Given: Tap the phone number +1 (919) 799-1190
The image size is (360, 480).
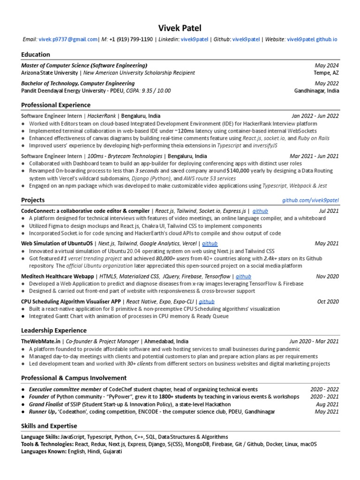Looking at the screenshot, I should click(131, 39).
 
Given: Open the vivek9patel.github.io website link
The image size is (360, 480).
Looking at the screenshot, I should click(312, 39).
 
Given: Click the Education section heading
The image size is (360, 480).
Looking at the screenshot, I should click(36, 55).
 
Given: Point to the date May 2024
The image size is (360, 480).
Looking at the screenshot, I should click(327, 66).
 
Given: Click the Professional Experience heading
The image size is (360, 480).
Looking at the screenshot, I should click(56, 105).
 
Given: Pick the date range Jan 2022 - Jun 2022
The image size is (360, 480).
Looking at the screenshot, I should click(315, 116).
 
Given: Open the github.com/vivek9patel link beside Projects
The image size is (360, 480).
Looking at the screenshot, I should click(310, 201).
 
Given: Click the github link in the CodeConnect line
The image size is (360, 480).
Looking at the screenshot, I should click(260, 211).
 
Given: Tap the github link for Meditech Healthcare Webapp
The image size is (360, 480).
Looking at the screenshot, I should click(243, 277).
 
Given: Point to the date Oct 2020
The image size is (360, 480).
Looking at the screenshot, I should click(328, 302).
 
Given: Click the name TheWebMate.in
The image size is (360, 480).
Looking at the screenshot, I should click(42, 342).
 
